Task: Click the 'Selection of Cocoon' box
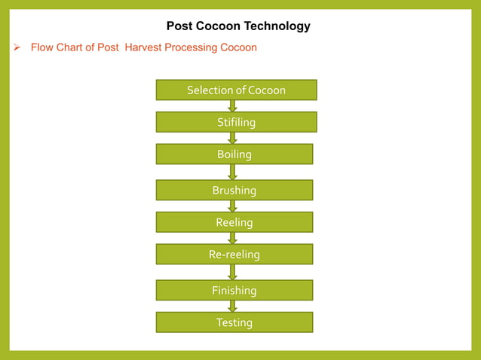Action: pos(236,90)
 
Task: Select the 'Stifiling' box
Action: pos(236,122)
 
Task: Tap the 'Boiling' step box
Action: pos(234,154)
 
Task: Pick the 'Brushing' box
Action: pos(234,190)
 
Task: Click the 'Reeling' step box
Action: pos(234,222)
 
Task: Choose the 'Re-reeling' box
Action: pos(234,255)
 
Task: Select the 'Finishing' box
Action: pos(234,290)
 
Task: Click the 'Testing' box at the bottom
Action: pos(234,322)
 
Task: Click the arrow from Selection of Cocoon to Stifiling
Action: pos(233,106)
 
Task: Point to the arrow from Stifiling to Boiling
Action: pos(233,138)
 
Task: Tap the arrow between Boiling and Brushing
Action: pos(233,172)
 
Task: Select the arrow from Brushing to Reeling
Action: pos(233,206)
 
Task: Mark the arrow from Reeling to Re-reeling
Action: pos(233,238)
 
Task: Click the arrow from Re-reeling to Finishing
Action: pos(233,272)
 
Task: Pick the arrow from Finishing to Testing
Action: pos(233,306)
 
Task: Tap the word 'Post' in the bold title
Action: pos(179,26)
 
